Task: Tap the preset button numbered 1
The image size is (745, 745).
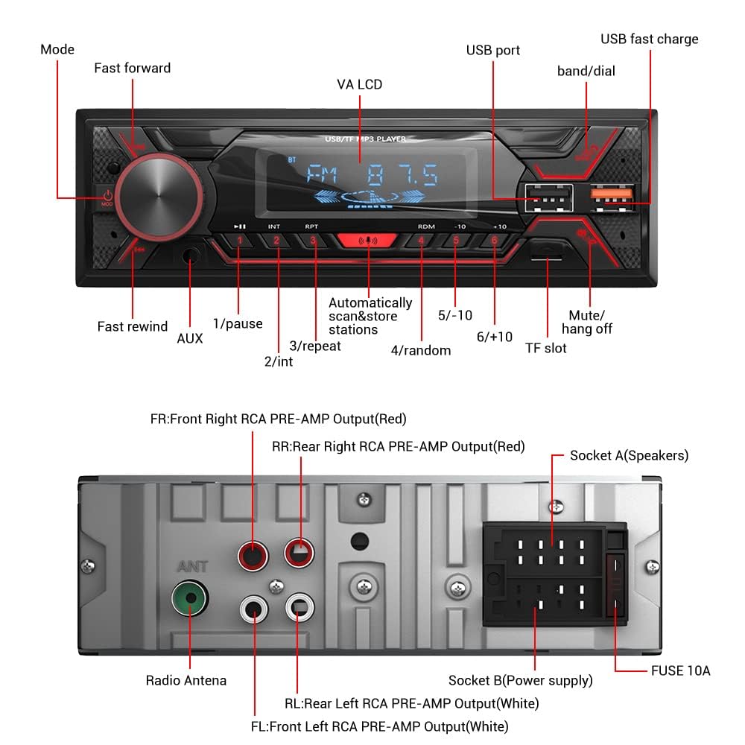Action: click(239, 241)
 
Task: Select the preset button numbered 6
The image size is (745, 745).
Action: click(493, 241)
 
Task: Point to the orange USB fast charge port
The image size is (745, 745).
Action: click(612, 194)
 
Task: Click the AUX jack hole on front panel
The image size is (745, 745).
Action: click(191, 256)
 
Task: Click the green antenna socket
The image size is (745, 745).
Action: click(189, 597)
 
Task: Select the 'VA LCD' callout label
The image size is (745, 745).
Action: click(359, 85)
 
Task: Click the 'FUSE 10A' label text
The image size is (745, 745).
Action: click(681, 671)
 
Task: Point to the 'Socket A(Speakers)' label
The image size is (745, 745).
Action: click(629, 455)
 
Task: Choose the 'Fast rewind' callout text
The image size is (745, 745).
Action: click(133, 326)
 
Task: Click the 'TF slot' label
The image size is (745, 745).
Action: click(546, 348)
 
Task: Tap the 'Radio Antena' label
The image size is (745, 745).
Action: click(186, 680)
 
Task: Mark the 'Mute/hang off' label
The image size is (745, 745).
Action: click(587, 322)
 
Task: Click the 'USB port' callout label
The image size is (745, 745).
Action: click(493, 51)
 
